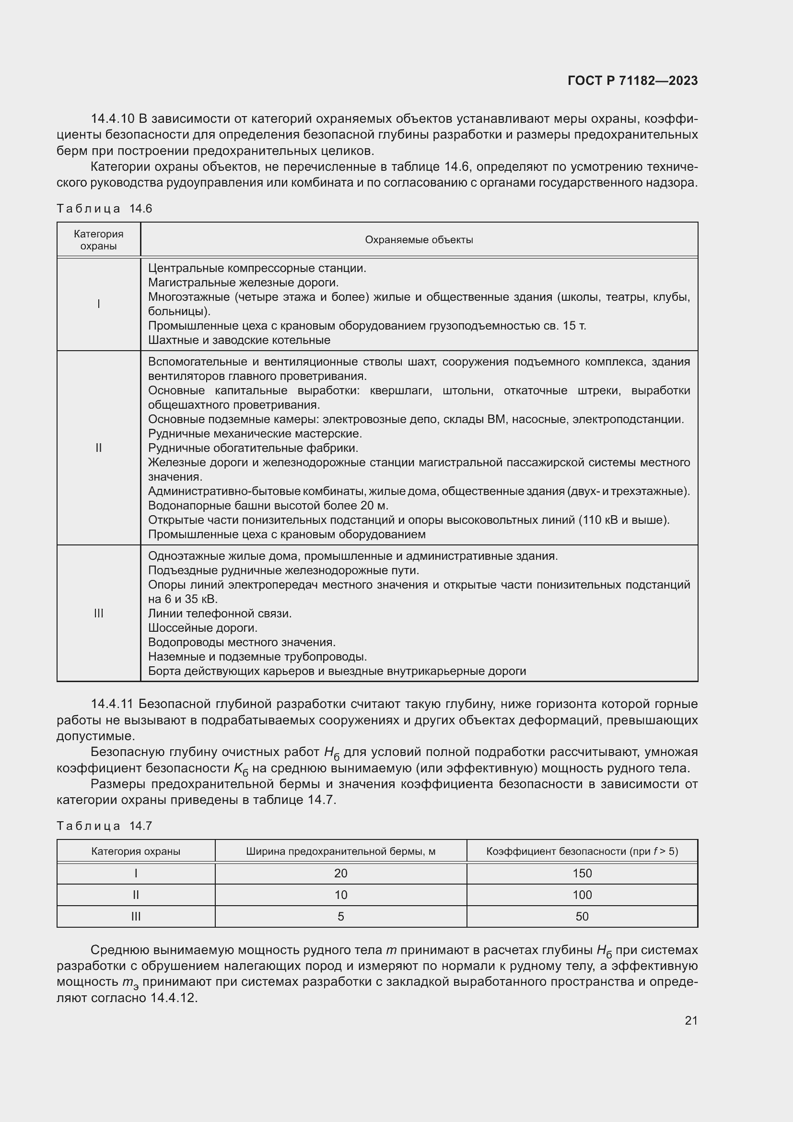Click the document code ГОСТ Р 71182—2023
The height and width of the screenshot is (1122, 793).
pos(632,81)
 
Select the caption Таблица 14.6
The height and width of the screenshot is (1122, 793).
pos(105,209)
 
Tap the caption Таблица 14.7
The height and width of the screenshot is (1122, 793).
pos(105,826)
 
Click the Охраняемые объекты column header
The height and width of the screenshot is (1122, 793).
pos(419,240)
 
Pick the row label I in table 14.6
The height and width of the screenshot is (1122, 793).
pos(99,304)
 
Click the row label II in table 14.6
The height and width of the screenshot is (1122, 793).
pos(99,448)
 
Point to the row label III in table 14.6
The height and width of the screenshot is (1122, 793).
pos(99,614)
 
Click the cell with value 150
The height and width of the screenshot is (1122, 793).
pos(582,873)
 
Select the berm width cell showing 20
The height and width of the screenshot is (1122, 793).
pos(340,873)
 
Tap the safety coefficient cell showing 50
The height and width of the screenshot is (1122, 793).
pos(582,916)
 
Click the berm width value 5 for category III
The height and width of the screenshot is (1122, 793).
pos(340,916)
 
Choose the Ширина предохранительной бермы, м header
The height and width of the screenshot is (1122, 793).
pos(340,851)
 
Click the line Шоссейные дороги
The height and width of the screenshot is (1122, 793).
pos(202,628)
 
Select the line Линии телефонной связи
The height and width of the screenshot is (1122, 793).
pos(219,614)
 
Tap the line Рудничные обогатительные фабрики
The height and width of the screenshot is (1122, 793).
pos(253,448)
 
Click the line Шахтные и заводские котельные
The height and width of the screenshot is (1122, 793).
pos(239,340)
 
